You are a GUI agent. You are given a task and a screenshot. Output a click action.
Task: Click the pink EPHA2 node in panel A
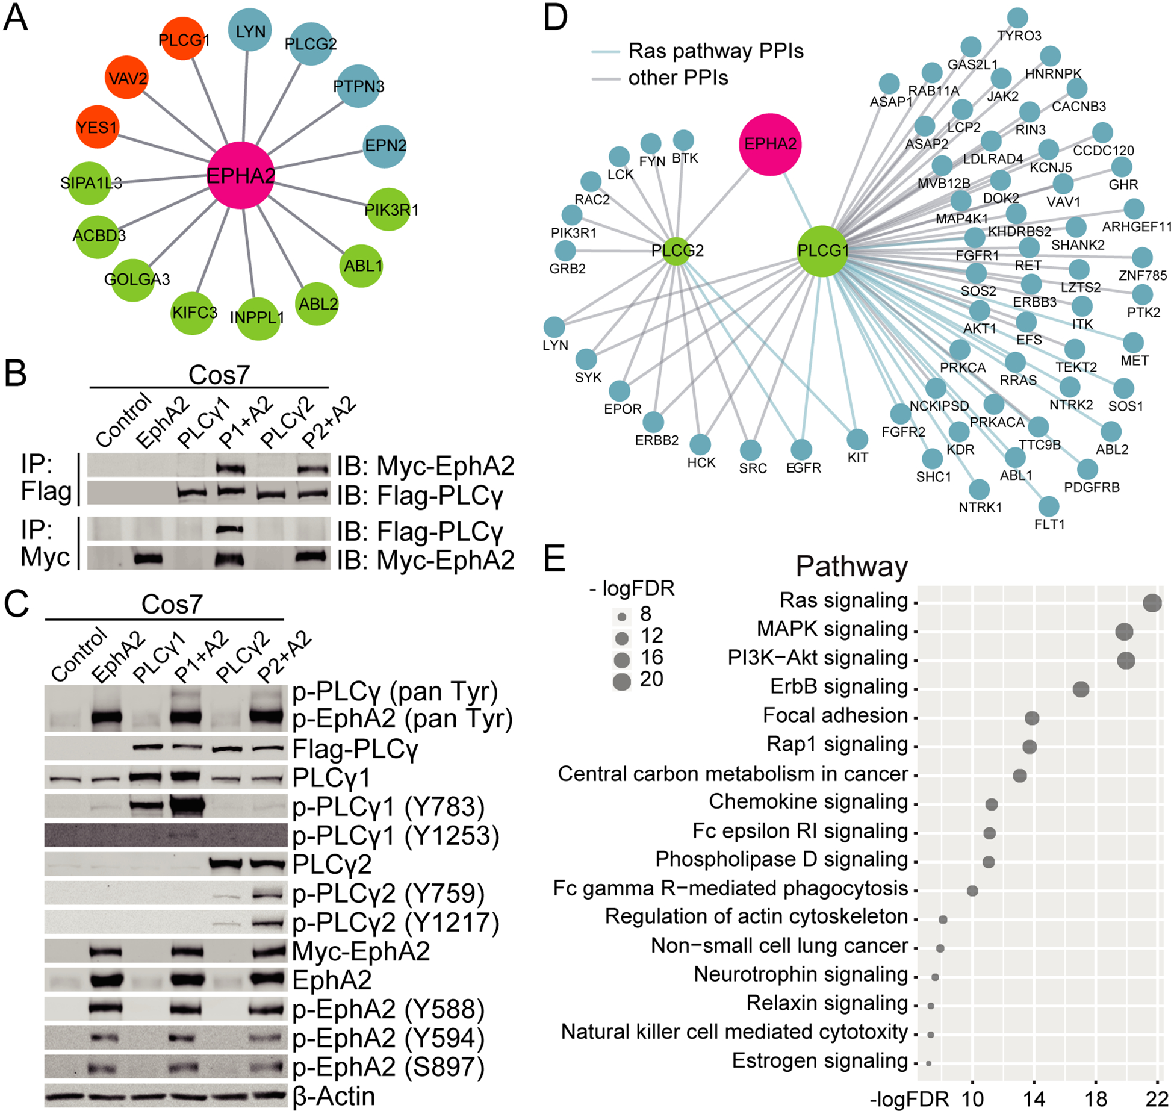click(x=240, y=175)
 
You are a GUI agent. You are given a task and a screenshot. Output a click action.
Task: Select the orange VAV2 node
click(x=126, y=78)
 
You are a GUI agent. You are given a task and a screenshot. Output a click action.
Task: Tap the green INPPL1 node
click(x=258, y=318)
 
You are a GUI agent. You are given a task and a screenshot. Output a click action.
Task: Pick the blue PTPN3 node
click(x=358, y=86)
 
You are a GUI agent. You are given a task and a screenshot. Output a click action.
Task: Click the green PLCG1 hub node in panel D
click(x=822, y=250)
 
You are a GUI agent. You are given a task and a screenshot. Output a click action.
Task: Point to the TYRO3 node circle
click(x=1017, y=18)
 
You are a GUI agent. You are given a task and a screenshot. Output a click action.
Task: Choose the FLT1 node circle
click(x=1049, y=506)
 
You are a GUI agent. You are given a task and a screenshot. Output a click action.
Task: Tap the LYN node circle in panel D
click(x=554, y=327)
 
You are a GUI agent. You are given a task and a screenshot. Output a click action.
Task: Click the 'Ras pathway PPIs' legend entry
click(x=715, y=51)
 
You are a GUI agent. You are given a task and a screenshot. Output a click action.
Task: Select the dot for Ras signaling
click(x=1152, y=602)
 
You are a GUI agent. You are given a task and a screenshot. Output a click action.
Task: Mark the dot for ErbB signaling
click(x=1081, y=689)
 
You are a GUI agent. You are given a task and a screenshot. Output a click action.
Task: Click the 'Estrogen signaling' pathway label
click(x=819, y=1060)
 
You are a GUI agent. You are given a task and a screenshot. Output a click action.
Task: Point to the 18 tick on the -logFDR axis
click(x=1096, y=1100)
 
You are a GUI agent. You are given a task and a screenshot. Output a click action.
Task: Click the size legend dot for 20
click(x=622, y=681)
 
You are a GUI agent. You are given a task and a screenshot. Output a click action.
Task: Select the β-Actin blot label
click(x=334, y=1096)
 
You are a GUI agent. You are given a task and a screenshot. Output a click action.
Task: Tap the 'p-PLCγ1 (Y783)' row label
click(x=388, y=807)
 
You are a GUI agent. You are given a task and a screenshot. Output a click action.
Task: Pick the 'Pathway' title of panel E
click(x=851, y=567)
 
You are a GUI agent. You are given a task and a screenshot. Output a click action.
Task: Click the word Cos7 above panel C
click(x=172, y=605)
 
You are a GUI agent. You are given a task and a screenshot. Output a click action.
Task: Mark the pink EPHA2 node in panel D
click(x=770, y=145)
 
